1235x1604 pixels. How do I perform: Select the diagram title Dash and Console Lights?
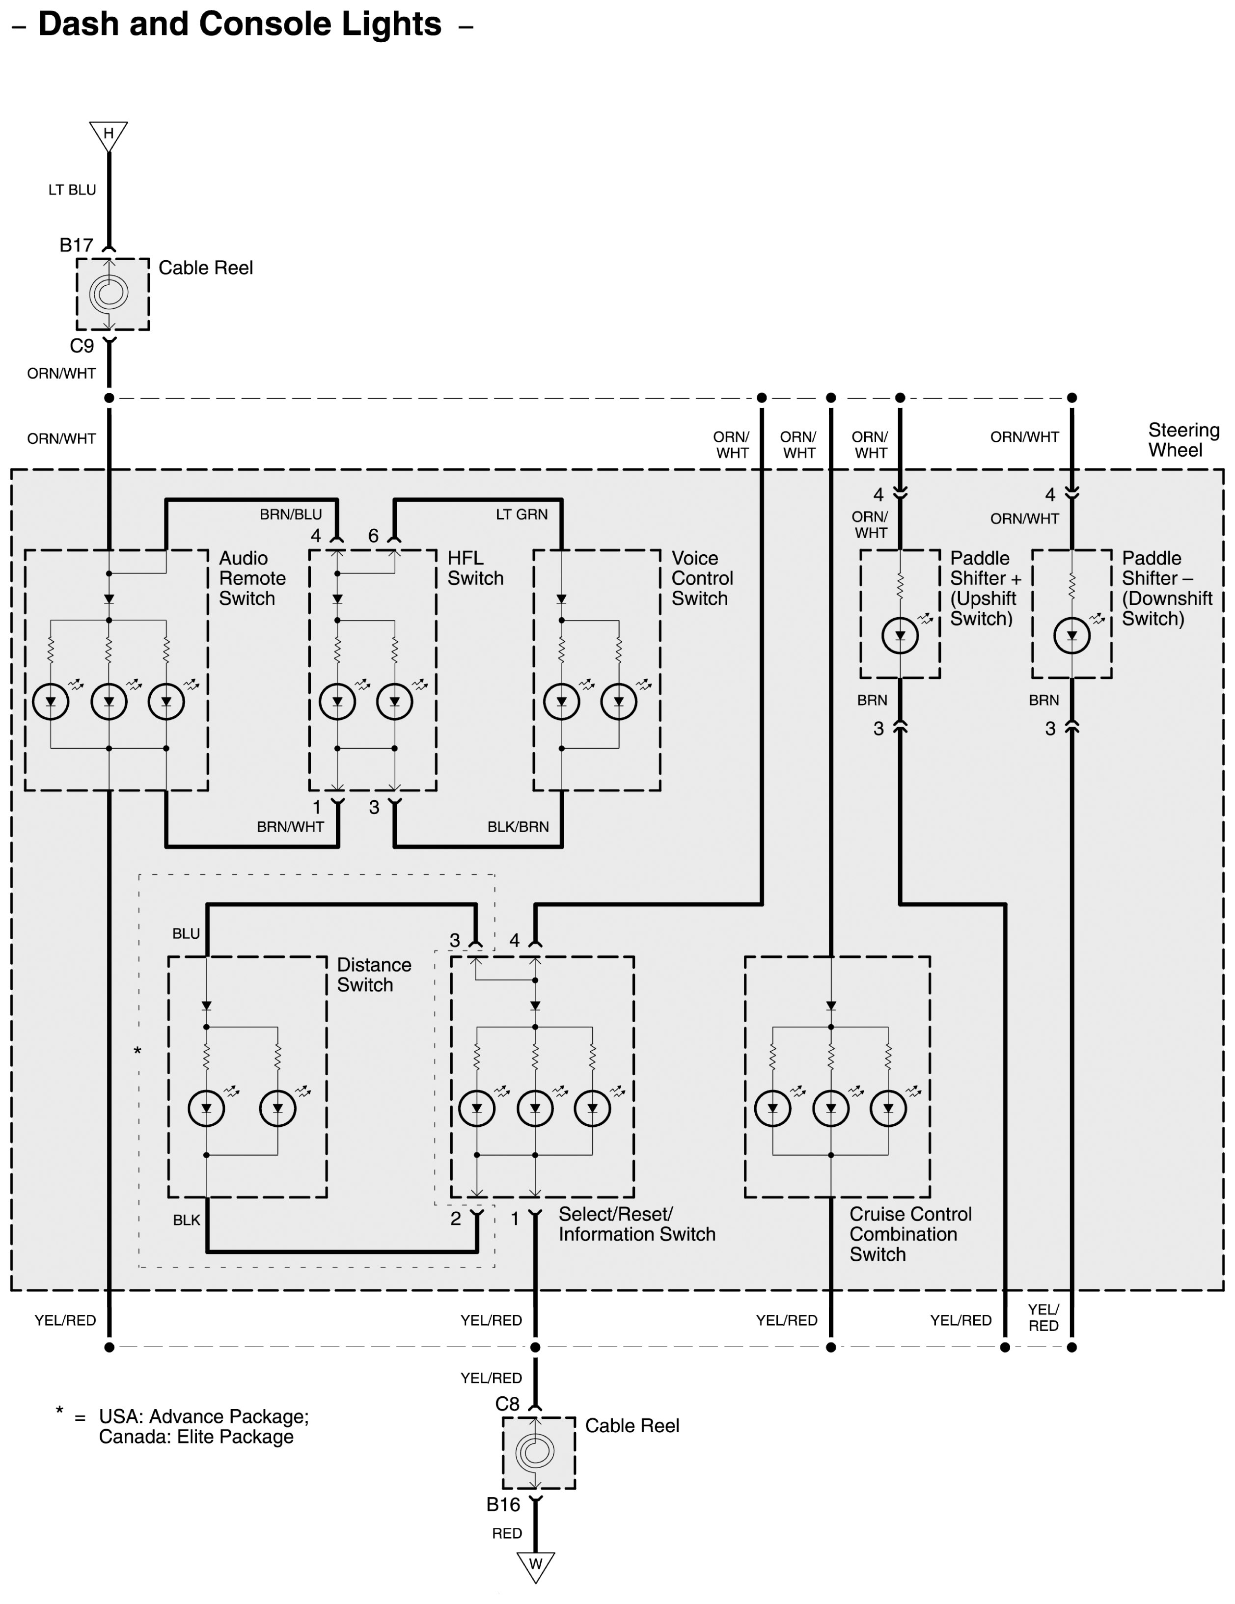240,24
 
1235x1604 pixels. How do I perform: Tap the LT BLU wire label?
72,190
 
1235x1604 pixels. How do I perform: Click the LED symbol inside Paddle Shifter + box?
900,635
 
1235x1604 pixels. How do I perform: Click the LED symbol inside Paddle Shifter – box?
1072,635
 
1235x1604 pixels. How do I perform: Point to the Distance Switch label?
374,975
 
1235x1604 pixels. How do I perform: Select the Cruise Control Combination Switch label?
910,1234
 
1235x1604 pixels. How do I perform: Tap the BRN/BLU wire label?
291,514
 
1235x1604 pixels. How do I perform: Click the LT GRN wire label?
521,514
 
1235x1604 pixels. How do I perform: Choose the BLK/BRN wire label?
518,826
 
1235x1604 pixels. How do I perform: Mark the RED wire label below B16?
507,1533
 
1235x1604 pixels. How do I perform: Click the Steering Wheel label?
1183,440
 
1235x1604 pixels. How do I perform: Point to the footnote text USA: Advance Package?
203,1416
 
